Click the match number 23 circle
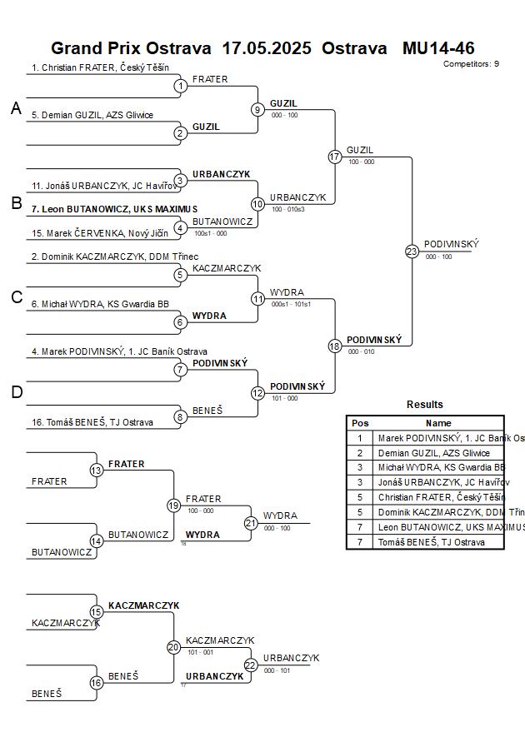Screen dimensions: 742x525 [x=412, y=251]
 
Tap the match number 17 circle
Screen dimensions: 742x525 [x=335, y=157]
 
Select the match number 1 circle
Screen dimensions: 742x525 [x=181, y=86]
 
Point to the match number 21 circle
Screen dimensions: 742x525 [x=251, y=523]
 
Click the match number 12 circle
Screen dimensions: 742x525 [x=257, y=392]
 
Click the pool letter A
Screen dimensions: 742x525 [x=16, y=108]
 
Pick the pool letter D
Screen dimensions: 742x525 [x=16, y=392]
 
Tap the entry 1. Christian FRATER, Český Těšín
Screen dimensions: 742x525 [x=100, y=67]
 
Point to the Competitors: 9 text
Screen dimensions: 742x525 [x=471, y=63]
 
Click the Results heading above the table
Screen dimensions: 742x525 [x=425, y=405]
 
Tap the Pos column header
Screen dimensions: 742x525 [x=360, y=423]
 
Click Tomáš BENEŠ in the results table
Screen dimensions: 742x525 [x=430, y=542]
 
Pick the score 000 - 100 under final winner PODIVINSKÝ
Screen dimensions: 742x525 [x=438, y=256]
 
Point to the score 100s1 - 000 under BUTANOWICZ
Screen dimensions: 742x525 [x=209, y=233]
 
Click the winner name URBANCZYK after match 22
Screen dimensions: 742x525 [x=292, y=658]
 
